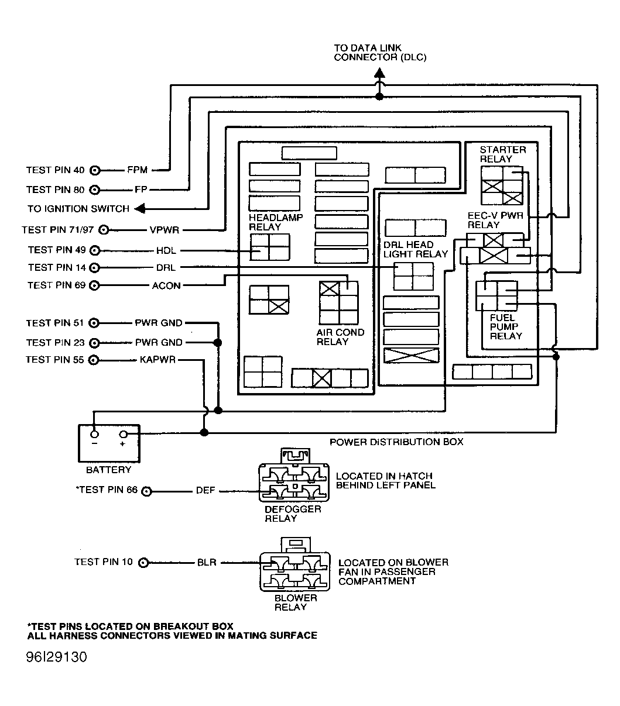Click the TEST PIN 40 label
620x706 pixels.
click(55, 170)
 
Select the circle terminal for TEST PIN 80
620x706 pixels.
click(95, 190)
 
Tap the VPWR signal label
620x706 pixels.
click(164, 230)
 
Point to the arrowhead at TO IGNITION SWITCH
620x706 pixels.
click(139, 209)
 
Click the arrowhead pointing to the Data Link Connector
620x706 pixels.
click(379, 73)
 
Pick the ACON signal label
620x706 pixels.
click(166, 285)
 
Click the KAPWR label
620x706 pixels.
click(158, 360)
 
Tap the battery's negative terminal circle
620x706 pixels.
click(94, 435)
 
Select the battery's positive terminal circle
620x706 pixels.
click(124, 435)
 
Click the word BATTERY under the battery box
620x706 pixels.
click(109, 470)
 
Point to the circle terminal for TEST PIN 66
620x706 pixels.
click(147, 491)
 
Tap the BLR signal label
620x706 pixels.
click(206, 563)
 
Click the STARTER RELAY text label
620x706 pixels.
click(502, 154)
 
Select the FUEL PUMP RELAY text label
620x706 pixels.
click(506, 327)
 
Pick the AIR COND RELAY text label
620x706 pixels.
click(340, 337)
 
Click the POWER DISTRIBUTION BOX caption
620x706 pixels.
click(396, 442)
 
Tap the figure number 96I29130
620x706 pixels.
click(56, 657)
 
